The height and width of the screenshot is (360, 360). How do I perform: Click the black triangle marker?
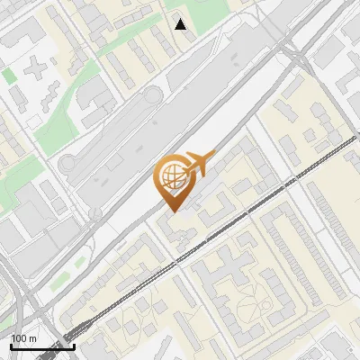click(181, 24)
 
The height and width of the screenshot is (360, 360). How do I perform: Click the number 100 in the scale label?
click(19, 338)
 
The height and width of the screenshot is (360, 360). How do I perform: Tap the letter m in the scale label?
click(31, 338)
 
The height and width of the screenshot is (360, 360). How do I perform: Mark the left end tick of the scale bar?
click(12, 346)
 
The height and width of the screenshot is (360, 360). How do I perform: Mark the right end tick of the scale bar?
click(74, 346)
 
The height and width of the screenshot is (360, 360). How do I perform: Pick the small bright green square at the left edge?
click(8, 76)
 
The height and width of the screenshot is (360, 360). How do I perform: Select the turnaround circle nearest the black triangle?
click(151, 94)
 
